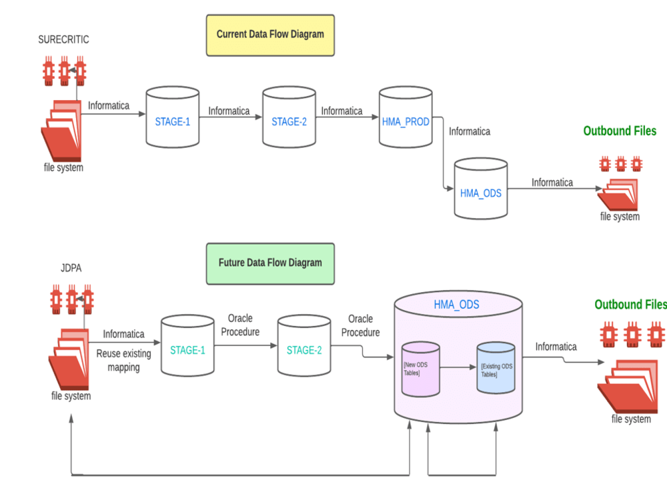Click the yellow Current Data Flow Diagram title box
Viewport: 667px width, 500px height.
[270, 35]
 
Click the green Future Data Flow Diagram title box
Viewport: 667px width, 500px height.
[270, 263]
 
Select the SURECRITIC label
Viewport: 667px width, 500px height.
[64, 40]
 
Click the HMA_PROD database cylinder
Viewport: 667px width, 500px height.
[406, 118]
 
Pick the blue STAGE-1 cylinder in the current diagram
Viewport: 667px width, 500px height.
[173, 118]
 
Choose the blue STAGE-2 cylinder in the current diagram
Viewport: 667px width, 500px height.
[289, 118]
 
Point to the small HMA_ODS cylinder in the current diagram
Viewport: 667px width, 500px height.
[480, 189]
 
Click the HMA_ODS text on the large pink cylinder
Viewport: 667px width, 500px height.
[457, 305]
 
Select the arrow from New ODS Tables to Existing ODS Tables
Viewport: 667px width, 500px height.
[458, 367]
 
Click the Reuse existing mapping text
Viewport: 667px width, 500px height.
[124, 360]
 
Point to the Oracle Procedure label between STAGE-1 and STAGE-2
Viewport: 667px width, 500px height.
[240, 325]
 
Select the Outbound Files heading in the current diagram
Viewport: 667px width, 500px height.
[620, 131]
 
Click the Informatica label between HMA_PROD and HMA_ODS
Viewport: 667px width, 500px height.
[470, 132]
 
